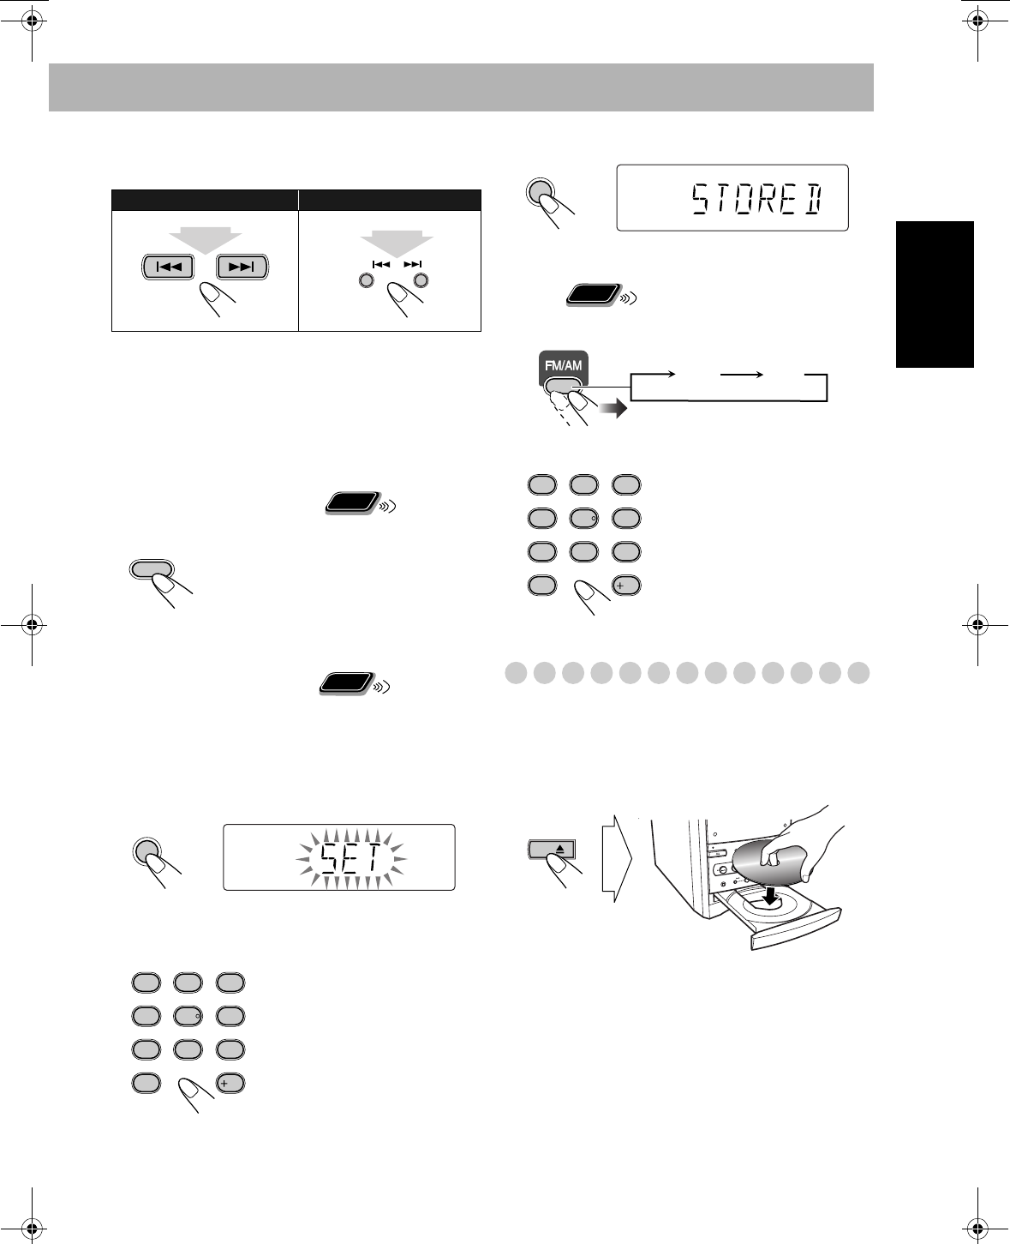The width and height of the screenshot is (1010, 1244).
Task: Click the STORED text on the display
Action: pos(756,200)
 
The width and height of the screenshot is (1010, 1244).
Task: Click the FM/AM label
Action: pos(562,366)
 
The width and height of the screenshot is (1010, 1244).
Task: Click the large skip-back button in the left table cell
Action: pos(169,267)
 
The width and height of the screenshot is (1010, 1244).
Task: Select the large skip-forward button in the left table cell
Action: pos(242,267)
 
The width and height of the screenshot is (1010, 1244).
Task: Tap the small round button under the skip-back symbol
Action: pos(366,280)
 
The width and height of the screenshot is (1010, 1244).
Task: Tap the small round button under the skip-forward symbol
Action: pos(421,280)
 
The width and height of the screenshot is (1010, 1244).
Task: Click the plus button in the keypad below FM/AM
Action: pos(626,586)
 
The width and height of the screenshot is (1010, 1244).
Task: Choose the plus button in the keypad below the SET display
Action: pos(230,1083)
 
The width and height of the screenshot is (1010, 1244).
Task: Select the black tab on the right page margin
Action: pos(935,294)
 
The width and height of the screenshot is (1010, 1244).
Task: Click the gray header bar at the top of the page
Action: pos(461,87)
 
